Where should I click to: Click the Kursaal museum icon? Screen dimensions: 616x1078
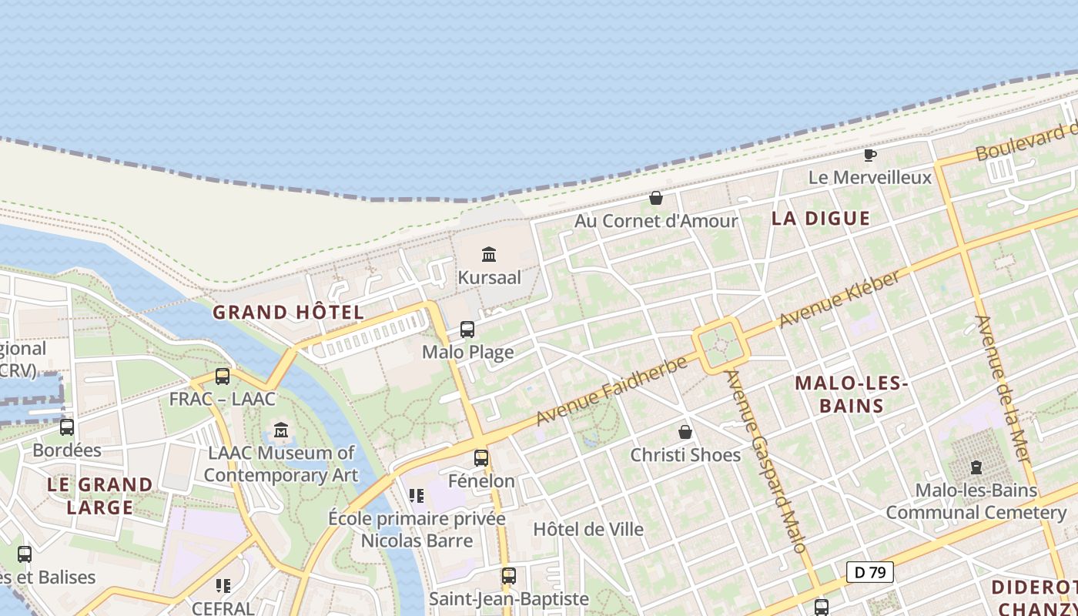point(488,254)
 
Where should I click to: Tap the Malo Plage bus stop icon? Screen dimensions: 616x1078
point(467,330)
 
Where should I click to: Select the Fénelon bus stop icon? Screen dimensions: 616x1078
point(481,458)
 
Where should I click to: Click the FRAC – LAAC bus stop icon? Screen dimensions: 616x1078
point(223,377)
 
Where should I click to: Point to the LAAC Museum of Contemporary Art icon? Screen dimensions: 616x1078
point(281,430)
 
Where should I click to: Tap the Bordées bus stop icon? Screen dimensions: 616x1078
point(67,427)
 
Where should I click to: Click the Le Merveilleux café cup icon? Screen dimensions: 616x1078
point(870,155)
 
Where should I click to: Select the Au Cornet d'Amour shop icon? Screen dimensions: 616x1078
point(656,199)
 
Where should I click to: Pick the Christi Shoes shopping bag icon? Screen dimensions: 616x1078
point(685,432)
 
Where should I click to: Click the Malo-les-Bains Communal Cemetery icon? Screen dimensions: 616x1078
point(976,467)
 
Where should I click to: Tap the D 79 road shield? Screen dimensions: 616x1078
point(870,572)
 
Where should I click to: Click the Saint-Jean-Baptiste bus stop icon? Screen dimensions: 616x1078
point(508,576)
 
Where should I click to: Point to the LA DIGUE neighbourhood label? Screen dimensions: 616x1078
point(821,219)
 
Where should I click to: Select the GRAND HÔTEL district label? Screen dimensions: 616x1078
point(288,313)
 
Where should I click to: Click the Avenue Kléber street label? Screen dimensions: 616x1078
point(839,300)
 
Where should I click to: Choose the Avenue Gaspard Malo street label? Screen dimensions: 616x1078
point(766,462)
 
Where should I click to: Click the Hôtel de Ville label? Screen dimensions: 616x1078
point(588,530)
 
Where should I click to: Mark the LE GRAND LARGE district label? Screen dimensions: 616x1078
point(100,496)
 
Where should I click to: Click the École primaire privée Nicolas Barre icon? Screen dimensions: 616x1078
point(417,495)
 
